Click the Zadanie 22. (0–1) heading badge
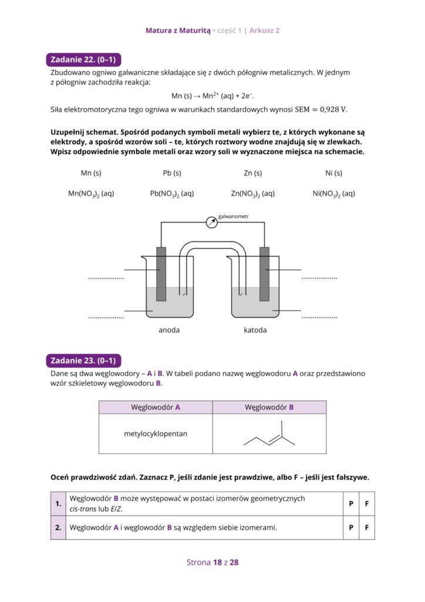click(83, 59)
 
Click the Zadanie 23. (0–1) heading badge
click(83, 360)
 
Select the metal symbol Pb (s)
click(172, 173)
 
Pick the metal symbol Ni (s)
click(333, 173)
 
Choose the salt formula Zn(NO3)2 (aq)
click(253, 193)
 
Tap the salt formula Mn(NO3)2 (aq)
click(91, 193)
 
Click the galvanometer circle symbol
click(211, 222)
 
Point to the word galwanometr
click(234, 217)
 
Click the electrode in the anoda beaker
click(161, 273)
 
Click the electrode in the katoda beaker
click(264, 273)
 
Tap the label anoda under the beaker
click(169, 330)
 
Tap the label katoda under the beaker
click(255, 330)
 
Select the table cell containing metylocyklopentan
click(156, 434)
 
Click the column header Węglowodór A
click(156, 407)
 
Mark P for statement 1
click(350, 504)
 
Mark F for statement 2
click(366, 527)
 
